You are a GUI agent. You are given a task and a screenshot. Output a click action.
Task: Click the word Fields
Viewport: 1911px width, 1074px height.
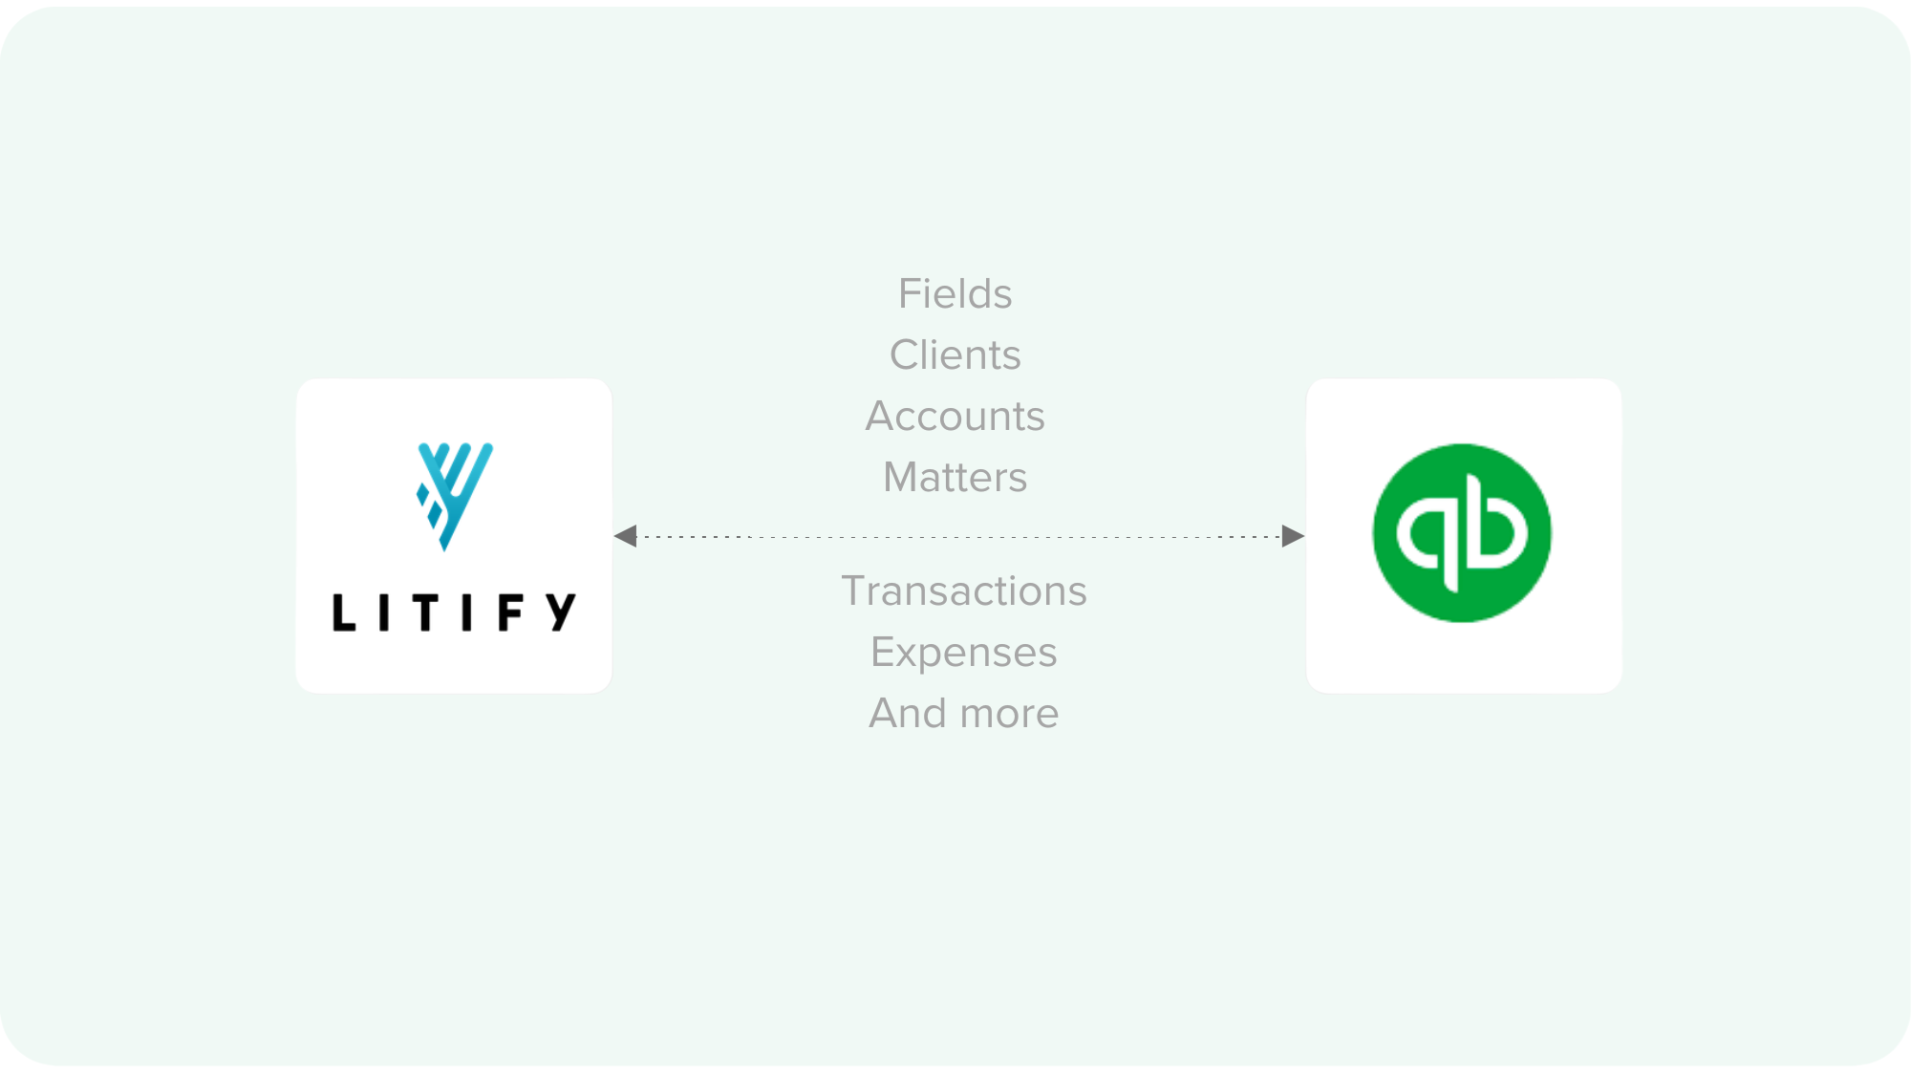point(955,294)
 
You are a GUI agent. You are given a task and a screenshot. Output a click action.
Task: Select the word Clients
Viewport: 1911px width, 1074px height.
point(955,355)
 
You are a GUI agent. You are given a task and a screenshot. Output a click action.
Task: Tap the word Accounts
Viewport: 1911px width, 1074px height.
point(955,417)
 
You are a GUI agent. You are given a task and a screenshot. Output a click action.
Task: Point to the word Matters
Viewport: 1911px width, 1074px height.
point(955,478)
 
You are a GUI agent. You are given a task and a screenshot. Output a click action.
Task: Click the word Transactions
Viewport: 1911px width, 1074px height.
point(963,591)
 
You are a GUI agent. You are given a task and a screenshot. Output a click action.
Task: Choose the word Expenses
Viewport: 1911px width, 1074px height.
point(963,653)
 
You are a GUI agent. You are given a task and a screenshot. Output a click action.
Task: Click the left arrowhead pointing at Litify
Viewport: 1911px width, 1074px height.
point(626,536)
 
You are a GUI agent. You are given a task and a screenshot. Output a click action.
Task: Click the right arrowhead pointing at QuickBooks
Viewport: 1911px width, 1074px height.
point(1293,536)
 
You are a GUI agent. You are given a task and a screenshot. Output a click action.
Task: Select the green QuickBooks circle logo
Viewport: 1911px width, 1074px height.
point(1462,533)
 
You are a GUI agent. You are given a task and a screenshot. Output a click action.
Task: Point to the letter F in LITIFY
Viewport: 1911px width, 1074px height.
point(510,612)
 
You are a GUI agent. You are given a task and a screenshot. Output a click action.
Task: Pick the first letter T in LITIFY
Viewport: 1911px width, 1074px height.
point(425,612)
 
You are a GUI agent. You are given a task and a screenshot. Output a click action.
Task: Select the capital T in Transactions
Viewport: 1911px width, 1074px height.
point(852,591)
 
